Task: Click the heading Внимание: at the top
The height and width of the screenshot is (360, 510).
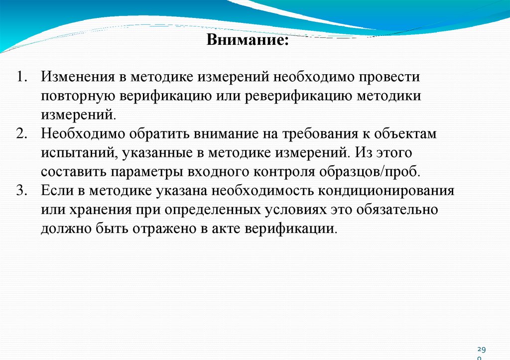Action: click(x=248, y=39)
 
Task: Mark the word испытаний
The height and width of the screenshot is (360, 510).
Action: click(x=79, y=153)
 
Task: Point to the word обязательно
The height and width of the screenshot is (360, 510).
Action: click(x=397, y=210)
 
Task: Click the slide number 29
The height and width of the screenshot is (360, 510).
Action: click(x=481, y=350)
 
